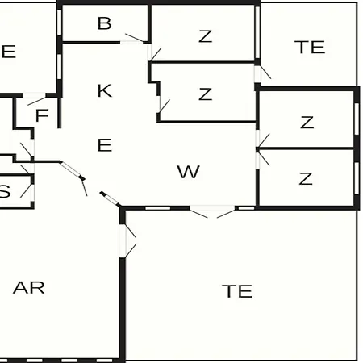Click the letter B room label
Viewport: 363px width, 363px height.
click(104, 23)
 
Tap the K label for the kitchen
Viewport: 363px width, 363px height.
click(104, 90)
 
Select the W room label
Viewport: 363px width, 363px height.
click(188, 172)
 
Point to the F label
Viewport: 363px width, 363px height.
click(42, 115)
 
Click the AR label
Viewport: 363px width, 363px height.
click(29, 288)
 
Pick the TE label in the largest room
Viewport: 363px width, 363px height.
click(237, 291)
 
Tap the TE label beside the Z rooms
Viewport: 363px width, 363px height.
click(310, 47)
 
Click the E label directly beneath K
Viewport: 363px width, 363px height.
click(104, 145)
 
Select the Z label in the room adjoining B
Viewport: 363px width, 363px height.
click(206, 36)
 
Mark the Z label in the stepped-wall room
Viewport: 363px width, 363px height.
click(206, 94)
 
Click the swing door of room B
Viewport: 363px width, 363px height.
click(135, 38)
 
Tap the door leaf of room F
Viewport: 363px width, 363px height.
click(37, 101)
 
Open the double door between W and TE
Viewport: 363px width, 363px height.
click(212, 211)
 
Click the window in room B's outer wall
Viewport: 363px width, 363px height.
click(60, 22)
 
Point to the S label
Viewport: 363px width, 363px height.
click(5, 192)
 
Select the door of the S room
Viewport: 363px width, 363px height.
click(27, 191)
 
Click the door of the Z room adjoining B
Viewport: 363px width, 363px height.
click(156, 54)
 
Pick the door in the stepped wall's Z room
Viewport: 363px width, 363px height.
click(165, 106)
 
